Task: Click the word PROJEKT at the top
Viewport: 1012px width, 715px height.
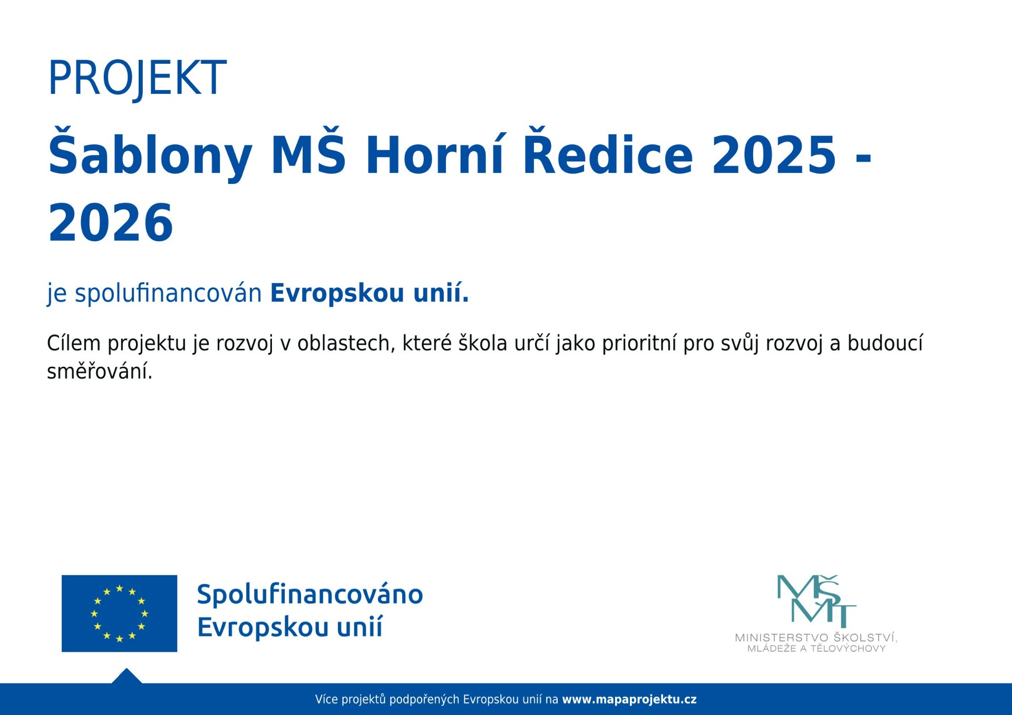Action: [x=137, y=78]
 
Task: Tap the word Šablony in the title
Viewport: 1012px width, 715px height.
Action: [x=150, y=154]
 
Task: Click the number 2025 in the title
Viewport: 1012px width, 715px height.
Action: [x=774, y=154]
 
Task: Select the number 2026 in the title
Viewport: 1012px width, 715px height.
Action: [x=111, y=222]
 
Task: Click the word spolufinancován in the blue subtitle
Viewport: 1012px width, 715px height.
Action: [x=168, y=293]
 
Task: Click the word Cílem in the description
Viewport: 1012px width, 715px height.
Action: [x=74, y=343]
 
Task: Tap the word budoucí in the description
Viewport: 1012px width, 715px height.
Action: [x=885, y=343]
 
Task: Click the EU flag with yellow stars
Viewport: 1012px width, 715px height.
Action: [x=119, y=613]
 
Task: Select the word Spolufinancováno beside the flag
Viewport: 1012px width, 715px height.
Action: [x=310, y=594]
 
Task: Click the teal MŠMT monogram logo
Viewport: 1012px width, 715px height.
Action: [x=816, y=601]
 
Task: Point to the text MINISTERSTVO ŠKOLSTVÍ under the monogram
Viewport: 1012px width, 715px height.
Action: [x=816, y=638]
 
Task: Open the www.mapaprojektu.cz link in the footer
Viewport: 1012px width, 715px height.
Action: [x=629, y=700]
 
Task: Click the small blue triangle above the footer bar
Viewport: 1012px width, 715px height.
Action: [x=126, y=677]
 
